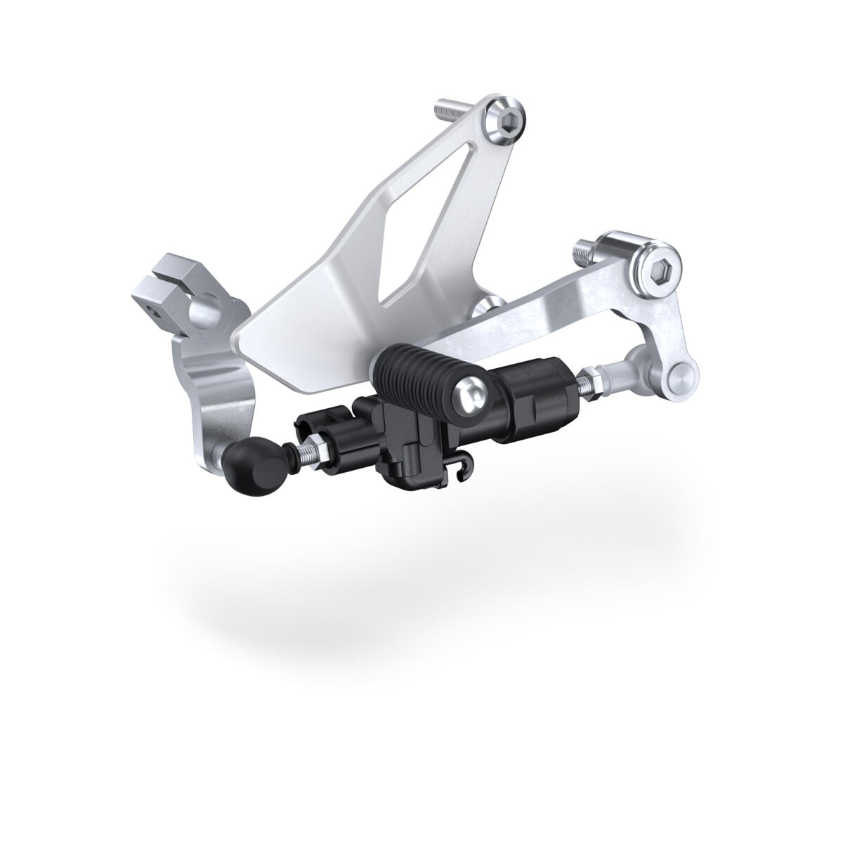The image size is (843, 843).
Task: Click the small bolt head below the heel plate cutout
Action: click(491, 306)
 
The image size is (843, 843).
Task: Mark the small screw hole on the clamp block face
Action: click(150, 307)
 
